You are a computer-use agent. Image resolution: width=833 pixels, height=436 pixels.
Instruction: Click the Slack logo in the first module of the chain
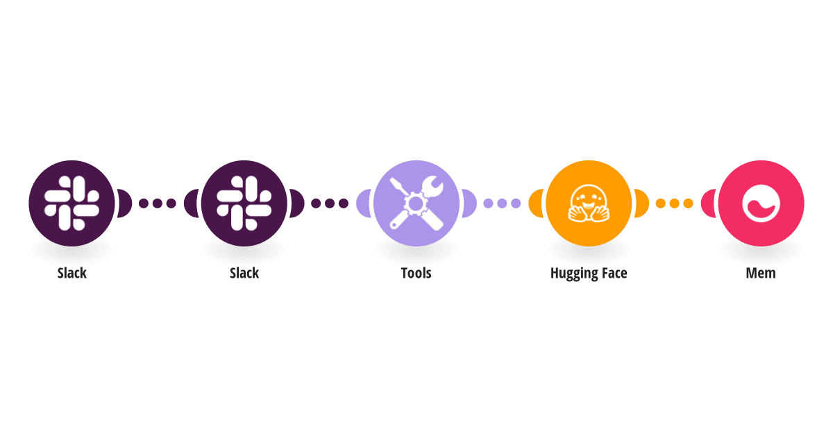tap(71, 203)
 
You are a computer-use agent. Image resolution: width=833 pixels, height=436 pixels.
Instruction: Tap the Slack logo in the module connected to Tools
tap(244, 203)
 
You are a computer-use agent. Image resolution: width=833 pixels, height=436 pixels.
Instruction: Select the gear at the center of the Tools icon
tap(416, 203)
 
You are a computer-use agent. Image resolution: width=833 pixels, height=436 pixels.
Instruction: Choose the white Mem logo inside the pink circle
tap(761, 203)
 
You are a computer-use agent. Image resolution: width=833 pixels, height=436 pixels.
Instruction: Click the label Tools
tap(416, 273)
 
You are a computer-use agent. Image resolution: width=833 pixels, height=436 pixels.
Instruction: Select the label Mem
tap(761, 273)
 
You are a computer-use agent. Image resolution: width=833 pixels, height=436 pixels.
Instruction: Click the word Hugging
tap(574, 274)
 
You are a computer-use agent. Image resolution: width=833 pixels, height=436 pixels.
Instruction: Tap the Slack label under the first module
tap(71, 273)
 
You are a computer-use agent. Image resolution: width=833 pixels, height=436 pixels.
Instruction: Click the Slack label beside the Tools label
tap(244, 273)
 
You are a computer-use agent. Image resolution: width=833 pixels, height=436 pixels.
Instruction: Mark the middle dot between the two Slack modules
tap(158, 203)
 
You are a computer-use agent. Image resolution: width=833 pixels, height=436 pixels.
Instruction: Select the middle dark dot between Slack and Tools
tap(330, 203)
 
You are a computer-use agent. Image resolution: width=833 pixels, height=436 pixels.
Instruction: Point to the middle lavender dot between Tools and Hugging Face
tap(502, 203)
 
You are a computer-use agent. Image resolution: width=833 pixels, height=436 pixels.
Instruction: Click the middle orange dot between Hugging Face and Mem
tap(674, 203)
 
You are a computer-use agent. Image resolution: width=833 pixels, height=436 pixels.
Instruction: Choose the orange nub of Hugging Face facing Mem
tap(642, 203)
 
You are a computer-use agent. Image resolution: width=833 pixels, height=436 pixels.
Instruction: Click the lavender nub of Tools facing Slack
tap(363, 203)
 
